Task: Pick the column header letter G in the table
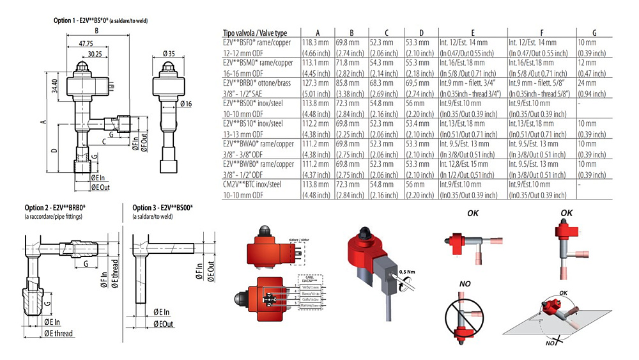tap(594, 33)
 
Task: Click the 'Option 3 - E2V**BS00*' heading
tap(162, 208)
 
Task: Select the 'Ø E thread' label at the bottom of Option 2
tap(58, 334)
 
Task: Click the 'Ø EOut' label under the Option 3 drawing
tap(163, 325)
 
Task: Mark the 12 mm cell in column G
tap(586, 63)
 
